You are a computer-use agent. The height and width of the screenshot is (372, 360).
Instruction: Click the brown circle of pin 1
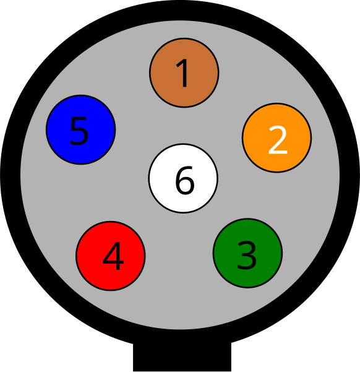click(184, 72)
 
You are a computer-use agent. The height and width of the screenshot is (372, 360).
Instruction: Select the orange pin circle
click(276, 137)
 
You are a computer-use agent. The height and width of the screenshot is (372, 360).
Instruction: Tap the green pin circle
click(247, 253)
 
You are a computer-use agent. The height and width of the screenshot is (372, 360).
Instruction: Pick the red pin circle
click(111, 256)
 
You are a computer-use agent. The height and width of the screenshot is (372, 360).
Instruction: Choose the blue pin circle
click(80, 129)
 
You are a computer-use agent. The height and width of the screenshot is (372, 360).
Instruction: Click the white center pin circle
click(183, 178)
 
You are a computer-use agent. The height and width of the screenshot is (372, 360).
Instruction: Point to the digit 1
click(182, 73)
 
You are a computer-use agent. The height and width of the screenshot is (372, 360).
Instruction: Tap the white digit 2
click(278, 140)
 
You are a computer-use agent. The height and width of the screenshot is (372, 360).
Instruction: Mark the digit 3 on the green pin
click(247, 255)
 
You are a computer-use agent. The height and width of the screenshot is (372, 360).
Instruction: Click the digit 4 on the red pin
click(113, 256)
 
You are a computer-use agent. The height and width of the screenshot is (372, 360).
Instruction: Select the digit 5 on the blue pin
click(79, 131)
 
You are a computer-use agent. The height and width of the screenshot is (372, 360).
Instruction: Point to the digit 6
click(185, 180)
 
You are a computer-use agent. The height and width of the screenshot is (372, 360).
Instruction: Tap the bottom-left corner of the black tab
click(133, 371)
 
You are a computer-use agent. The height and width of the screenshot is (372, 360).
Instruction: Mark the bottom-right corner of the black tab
click(231, 371)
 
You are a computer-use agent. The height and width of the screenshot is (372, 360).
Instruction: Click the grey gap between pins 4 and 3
click(179, 254)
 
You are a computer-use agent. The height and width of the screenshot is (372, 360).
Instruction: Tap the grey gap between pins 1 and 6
click(184, 126)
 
